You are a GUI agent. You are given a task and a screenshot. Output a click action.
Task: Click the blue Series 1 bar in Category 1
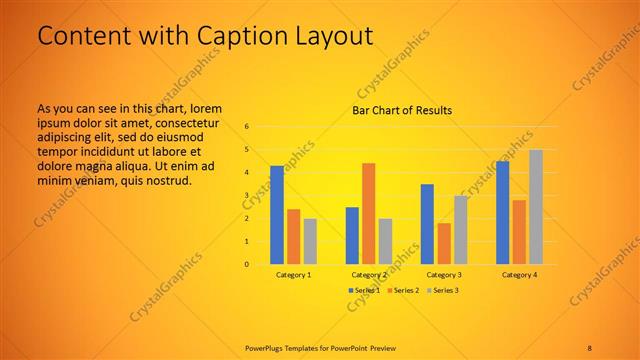277,215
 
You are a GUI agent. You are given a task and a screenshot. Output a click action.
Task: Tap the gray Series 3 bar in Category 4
536,207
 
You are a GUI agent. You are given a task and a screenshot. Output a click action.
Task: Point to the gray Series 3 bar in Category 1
310,241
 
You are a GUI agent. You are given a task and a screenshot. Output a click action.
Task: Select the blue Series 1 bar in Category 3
427,224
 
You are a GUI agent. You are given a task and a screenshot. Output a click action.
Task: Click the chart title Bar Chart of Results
402,110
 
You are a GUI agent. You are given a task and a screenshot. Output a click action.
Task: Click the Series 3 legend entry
443,290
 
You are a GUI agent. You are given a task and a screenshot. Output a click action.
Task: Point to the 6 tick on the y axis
246,127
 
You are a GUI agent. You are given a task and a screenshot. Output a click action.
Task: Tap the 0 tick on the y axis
246,265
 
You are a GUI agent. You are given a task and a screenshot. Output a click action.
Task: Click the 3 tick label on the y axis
246,196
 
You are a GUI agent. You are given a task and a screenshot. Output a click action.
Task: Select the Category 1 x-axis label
293,274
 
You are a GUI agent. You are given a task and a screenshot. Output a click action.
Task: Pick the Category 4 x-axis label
519,274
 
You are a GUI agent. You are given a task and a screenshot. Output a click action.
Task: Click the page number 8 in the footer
590,346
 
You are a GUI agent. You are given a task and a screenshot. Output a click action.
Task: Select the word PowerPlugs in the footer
266,346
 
